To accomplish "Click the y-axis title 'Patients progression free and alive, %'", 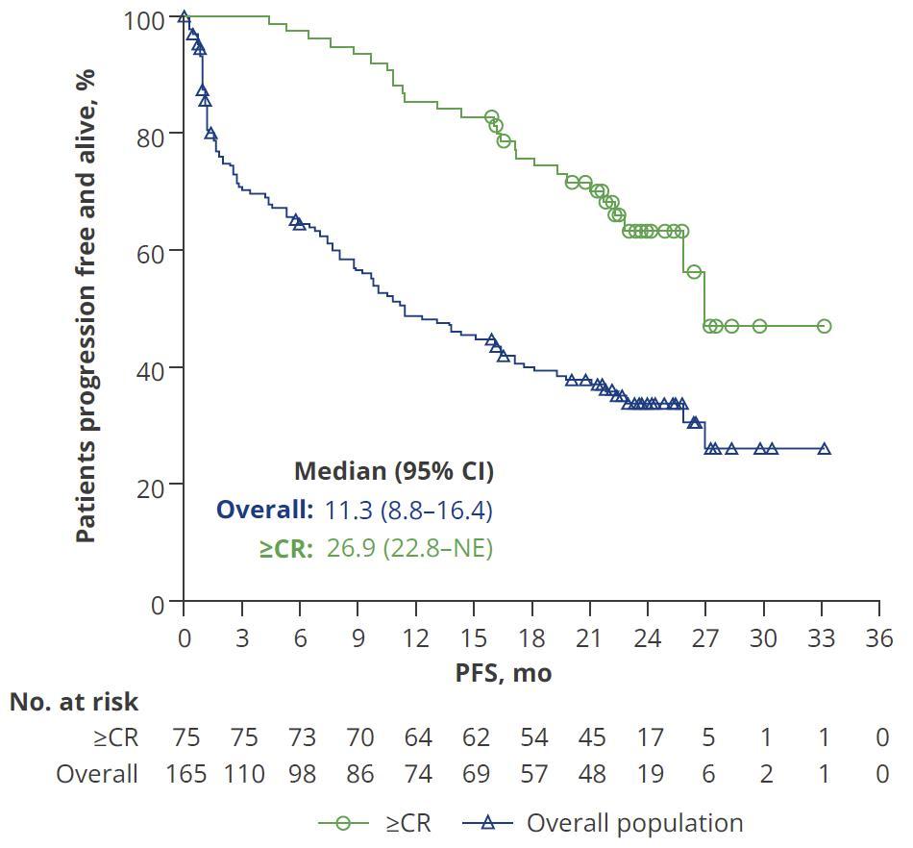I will [86, 304].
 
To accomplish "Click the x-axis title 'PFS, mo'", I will [504, 672].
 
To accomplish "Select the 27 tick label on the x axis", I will [705, 639].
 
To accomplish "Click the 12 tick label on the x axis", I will [415, 639].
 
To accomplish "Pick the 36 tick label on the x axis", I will [878, 639].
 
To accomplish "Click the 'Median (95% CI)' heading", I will [393, 471].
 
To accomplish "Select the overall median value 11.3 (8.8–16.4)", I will [408, 510].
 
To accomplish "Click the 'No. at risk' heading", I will [74, 702].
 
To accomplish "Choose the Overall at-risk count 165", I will [185, 773].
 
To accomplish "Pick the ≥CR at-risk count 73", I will [302, 737].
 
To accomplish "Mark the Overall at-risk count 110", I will [244, 773].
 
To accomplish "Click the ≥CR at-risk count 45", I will [592, 737].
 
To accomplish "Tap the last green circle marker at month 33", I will [824, 327].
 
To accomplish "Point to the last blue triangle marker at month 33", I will [824, 449].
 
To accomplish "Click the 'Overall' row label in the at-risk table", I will [97, 773].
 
